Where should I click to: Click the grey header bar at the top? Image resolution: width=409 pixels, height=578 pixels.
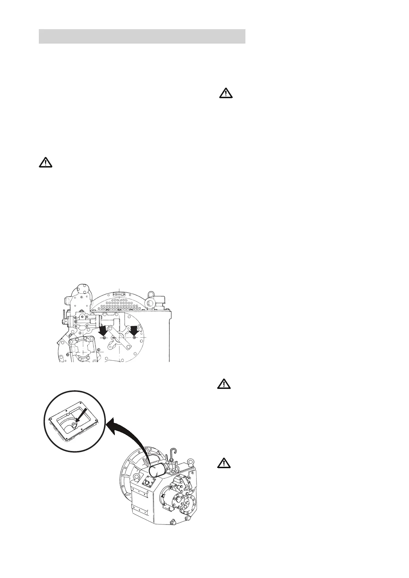tap(142, 36)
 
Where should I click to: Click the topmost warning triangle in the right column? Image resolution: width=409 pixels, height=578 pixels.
tap(226, 93)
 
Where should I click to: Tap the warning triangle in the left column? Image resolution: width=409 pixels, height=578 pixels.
tap(45, 162)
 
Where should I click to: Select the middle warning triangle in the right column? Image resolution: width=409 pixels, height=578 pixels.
tap(224, 384)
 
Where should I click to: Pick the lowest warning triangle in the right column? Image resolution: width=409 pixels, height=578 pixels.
tap(224, 463)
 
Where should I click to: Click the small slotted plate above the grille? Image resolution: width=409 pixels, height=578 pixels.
tap(119, 294)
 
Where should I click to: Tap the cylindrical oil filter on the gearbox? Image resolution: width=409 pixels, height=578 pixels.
tap(158, 470)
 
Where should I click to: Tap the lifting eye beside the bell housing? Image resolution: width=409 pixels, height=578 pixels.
tap(136, 477)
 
